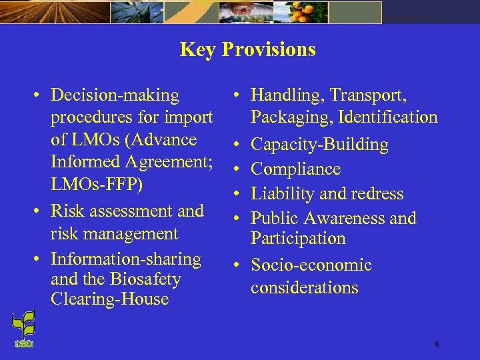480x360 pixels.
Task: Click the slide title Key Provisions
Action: tap(247, 50)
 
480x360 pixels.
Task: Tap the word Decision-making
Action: tap(115, 96)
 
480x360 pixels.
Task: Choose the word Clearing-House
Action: tap(109, 299)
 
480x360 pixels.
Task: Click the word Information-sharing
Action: tap(125, 259)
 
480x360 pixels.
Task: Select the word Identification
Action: tap(388, 117)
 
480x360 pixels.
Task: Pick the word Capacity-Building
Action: tap(319, 145)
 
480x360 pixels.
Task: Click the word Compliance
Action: tap(295, 169)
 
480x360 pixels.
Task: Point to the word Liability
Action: tap(282, 194)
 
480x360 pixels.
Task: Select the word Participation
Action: tap(298, 239)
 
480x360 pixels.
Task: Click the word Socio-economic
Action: tap(311, 265)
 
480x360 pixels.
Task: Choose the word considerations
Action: tap(304, 288)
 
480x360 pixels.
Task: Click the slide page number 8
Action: tap(437, 345)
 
